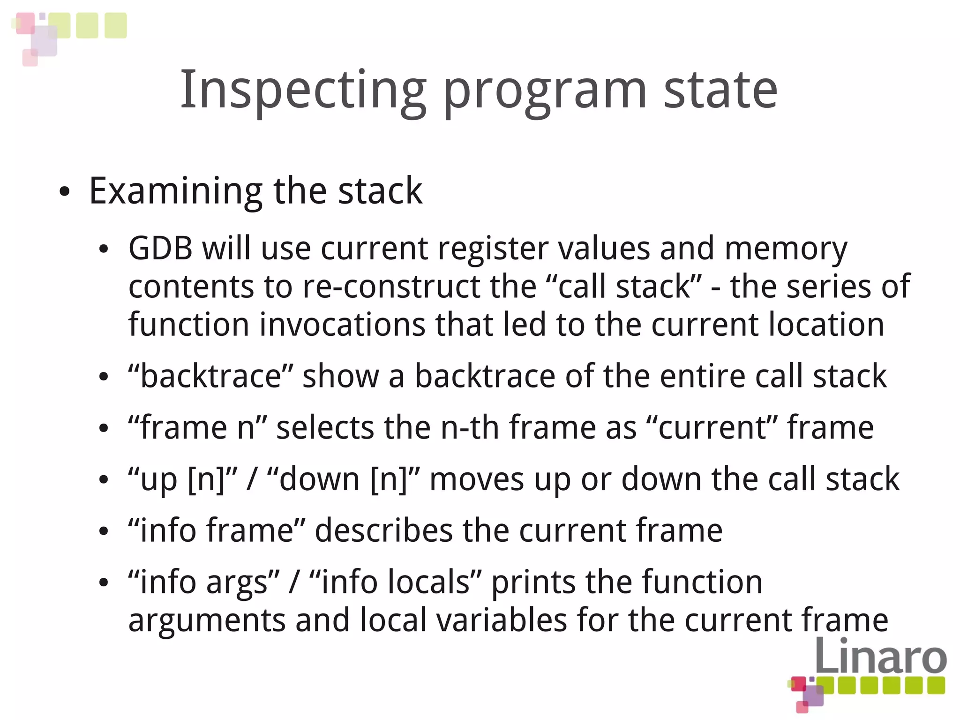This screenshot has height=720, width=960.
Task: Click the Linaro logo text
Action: tap(880, 656)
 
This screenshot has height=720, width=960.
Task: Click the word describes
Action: tap(383, 531)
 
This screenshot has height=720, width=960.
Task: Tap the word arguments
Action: tap(207, 620)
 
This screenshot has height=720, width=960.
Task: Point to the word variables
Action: tap(502, 620)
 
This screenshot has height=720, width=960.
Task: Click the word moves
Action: tap(476, 479)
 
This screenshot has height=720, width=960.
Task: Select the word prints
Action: tap(533, 582)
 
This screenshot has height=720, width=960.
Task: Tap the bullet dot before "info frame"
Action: tap(104, 531)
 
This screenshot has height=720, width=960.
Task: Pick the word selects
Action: tap(325, 427)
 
